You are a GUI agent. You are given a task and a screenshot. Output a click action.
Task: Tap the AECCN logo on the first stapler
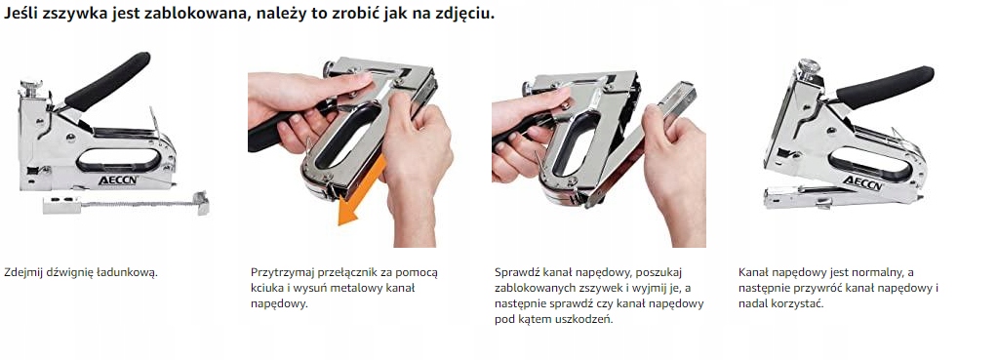pos(118,180)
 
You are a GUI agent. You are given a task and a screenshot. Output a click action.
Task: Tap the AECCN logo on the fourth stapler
pos(863,183)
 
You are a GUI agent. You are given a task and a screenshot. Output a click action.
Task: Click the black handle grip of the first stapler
pos(107,81)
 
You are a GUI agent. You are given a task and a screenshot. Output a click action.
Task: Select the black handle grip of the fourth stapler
pos(884,87)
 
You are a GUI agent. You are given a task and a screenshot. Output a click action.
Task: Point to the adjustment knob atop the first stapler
pos(30,87)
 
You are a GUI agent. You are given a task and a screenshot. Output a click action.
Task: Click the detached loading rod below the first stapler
pos(126,204)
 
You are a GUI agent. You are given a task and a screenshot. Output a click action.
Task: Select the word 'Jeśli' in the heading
pos(21,14)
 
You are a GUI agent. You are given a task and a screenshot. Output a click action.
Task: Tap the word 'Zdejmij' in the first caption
pos(22,273)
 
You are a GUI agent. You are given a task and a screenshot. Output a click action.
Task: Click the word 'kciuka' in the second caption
pos(266,288)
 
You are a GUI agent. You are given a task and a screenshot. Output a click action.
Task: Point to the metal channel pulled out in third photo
pos(640,144)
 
